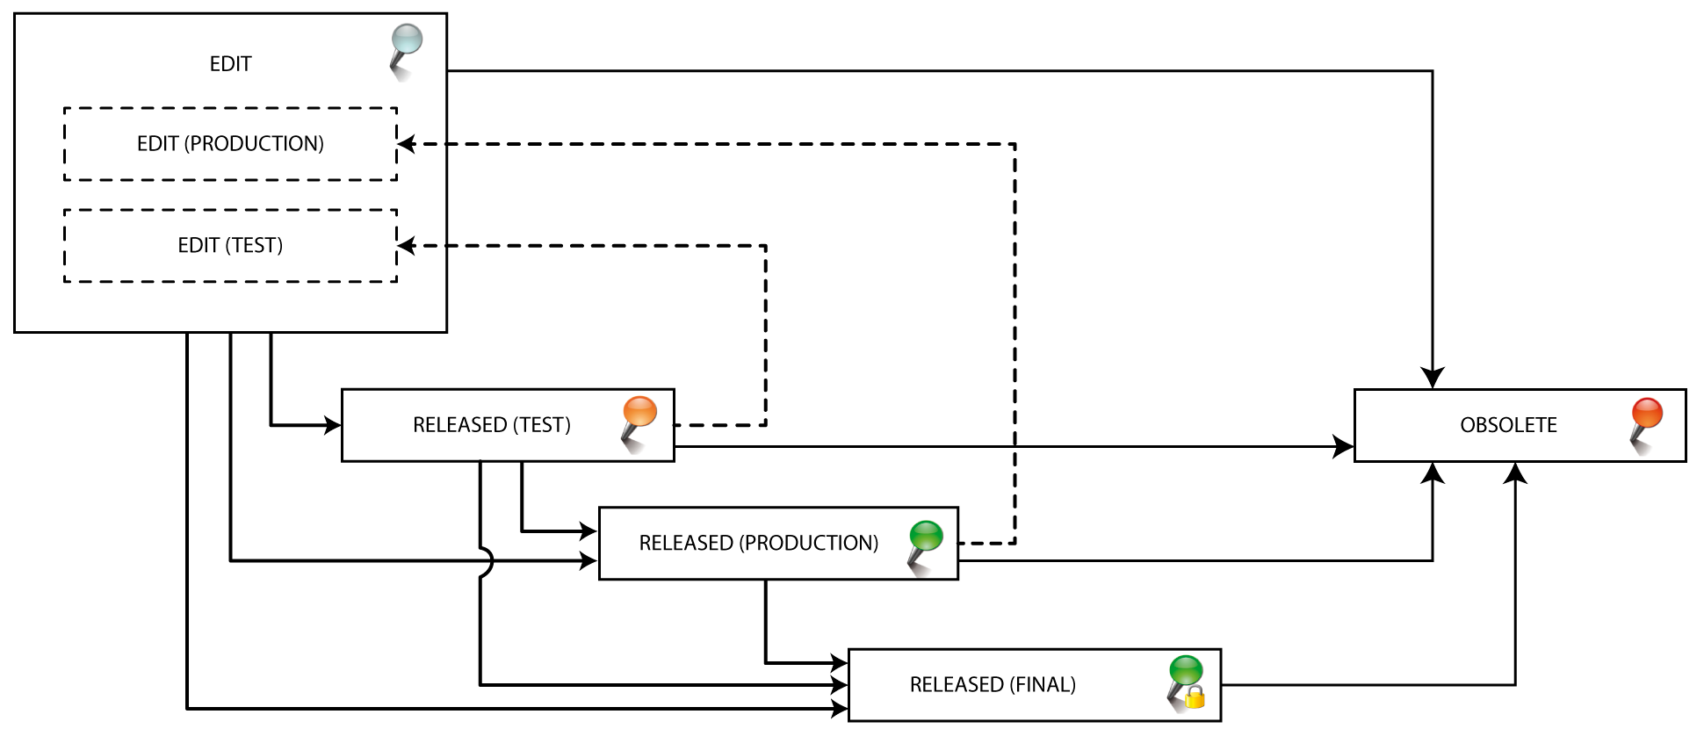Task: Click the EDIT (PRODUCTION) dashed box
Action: (230, 144)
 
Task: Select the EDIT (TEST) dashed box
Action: (230, 246)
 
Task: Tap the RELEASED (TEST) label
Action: (492, 425)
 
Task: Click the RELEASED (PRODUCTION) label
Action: (758, 543)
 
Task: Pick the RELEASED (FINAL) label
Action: (993, 684)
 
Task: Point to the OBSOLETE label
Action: (1508, 425)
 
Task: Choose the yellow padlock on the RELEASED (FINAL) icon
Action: (1195, 699)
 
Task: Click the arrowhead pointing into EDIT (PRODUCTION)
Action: (407, 144)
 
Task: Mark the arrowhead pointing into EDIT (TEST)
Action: (407, 246)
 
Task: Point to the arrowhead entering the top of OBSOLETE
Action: (1433, 379)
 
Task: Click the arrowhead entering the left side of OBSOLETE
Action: (1344, 446)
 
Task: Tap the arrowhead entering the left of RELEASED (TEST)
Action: (332, 425)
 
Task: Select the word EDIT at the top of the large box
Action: (230, 64)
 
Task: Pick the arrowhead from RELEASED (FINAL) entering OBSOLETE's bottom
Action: (1515, 473)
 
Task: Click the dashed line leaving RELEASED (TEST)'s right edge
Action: (720, 425)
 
